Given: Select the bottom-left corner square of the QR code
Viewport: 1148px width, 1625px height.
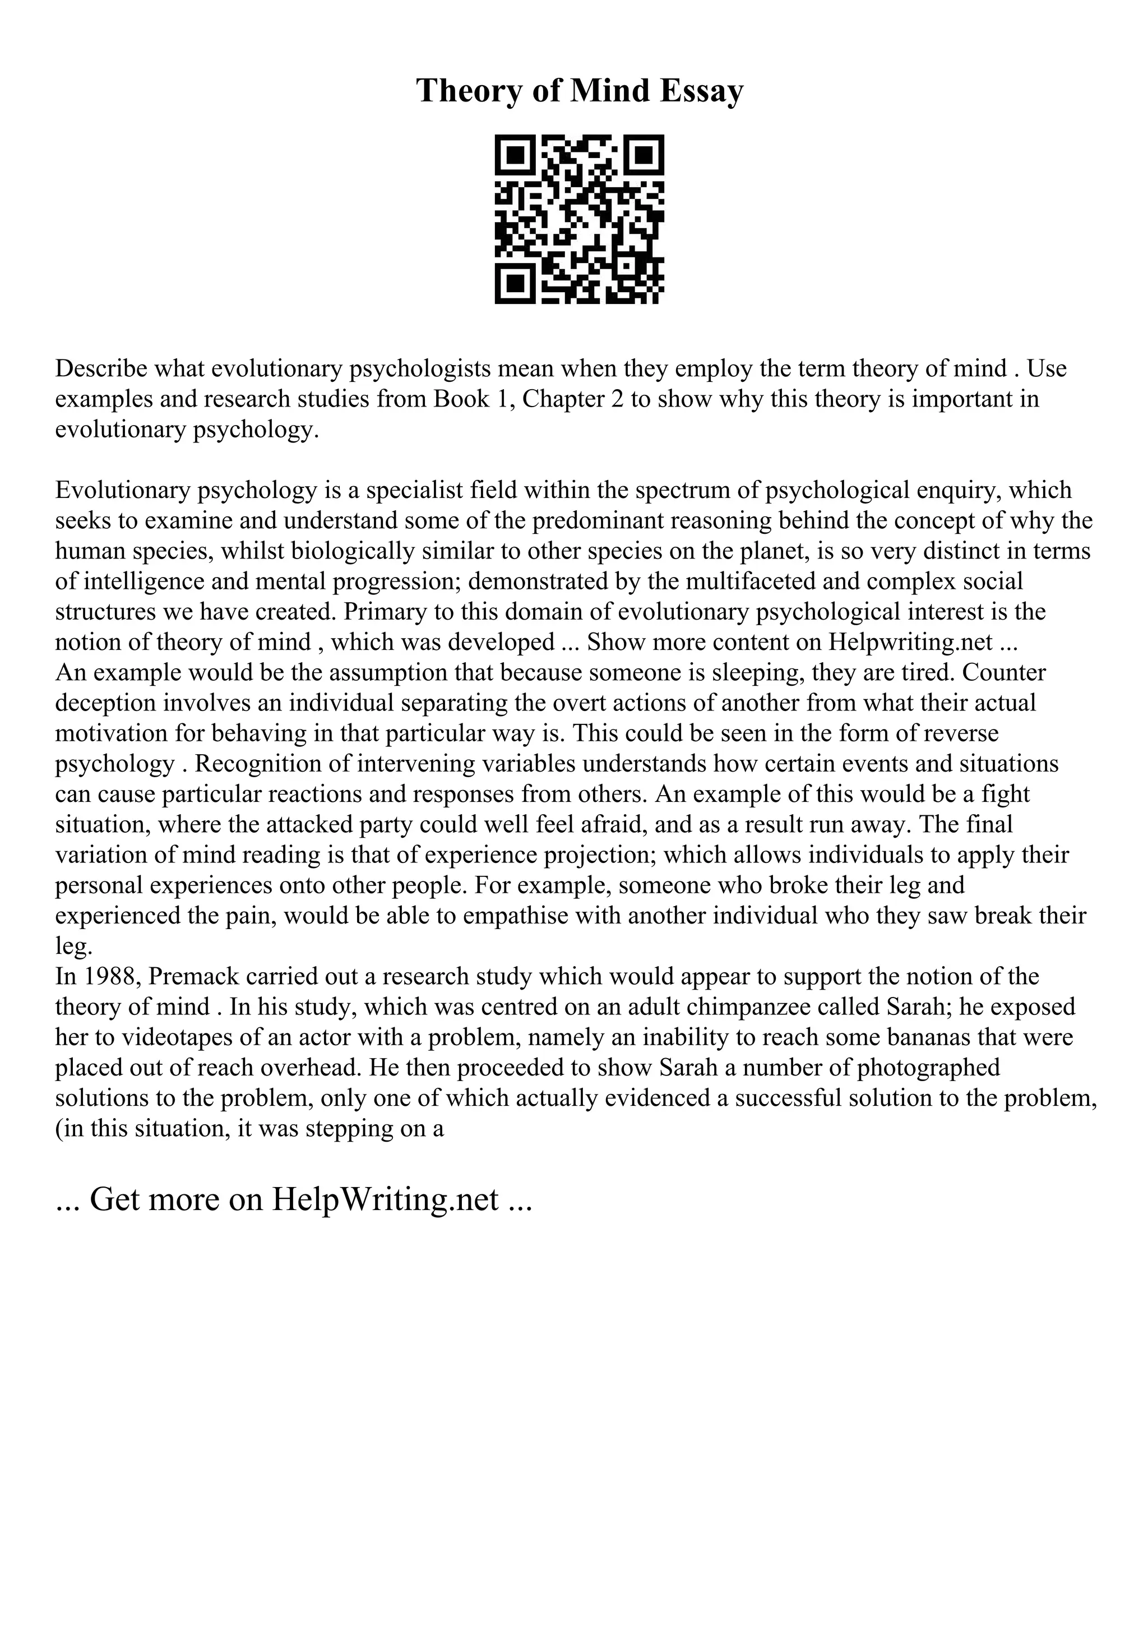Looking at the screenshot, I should click(x=516, y=283).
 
